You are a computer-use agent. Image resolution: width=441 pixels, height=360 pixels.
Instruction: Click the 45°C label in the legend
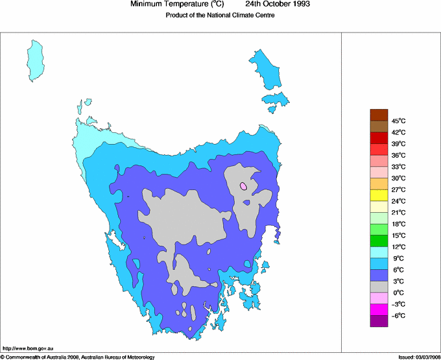[x=398, y=121]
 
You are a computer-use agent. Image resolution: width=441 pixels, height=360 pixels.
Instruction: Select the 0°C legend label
[x=399, y=293]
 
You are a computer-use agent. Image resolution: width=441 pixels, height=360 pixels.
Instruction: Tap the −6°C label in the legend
[x=398, y=315]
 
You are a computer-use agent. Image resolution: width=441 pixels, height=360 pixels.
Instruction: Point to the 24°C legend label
[x=398, y=201]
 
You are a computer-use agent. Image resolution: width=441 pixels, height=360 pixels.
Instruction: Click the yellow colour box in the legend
[x=379, y=195]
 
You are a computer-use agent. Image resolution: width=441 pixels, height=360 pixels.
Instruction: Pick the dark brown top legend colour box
[x=379, y=115]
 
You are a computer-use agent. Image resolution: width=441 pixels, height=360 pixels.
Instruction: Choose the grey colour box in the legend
[x=379, y=287]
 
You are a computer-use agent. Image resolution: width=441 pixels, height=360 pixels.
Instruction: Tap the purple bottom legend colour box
[x=379, y=321]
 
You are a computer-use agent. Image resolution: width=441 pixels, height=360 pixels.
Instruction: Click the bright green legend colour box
[x=379, y=241]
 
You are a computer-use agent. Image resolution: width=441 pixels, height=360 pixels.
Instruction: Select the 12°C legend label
[x=398, y=246]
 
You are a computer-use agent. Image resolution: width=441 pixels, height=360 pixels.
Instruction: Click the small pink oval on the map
[x=243, y=186]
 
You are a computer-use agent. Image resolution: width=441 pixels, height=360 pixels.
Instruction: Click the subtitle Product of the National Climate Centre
[x=220, y=15]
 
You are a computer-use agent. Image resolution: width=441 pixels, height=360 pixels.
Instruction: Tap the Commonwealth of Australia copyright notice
[x=77, y=357]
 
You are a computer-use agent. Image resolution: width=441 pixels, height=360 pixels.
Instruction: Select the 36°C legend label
[x=398, y=155]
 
